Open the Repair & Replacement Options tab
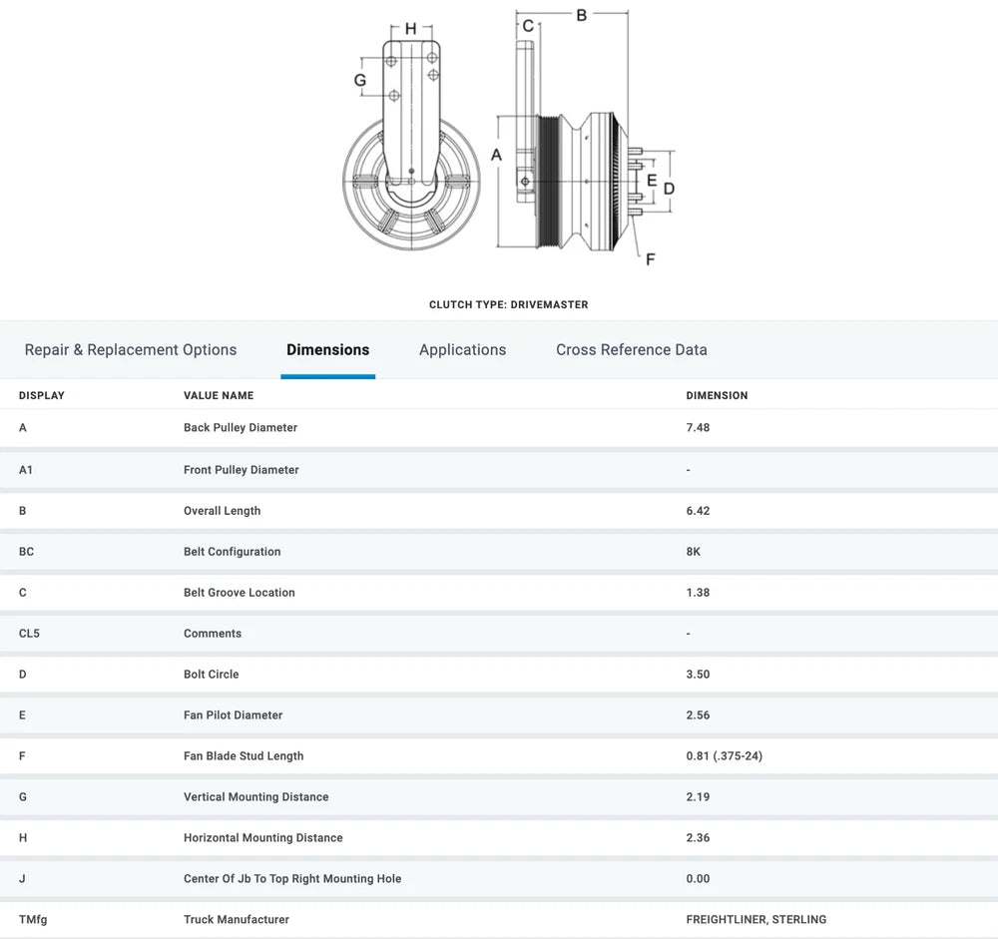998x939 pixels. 131,350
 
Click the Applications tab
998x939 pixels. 462,350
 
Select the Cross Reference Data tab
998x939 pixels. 631,350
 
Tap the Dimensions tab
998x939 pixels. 327,350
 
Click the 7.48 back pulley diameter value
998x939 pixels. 698,428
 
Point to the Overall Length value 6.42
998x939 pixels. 698,511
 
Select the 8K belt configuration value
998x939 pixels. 694,552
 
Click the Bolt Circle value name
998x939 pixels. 211,675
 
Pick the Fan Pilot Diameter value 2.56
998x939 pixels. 698,715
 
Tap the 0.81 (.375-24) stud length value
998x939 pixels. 724,756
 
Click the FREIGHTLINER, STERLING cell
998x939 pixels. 755,920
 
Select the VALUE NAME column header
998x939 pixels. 219,396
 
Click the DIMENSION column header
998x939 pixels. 717,396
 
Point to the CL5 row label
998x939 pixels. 29,634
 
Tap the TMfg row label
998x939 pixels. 33,920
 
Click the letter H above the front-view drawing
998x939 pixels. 410,29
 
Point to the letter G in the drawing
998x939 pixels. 360,80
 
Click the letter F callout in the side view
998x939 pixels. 650,259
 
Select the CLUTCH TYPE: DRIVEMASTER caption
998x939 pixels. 508,305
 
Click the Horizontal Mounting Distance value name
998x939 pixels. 262,838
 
